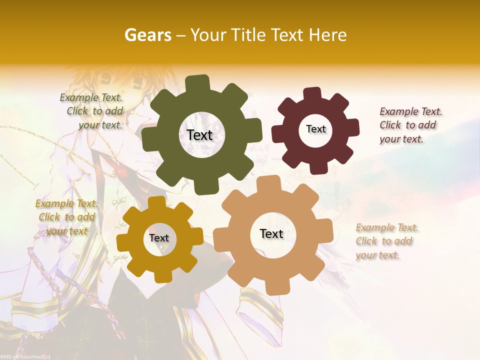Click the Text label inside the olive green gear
[x=199, y=135]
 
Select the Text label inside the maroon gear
[x=315, y=129]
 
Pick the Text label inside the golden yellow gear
[x=158, y=238]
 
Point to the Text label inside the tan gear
[x=271, y=234]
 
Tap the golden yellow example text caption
[x=66, y=217]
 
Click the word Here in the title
[x=328, y=35]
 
